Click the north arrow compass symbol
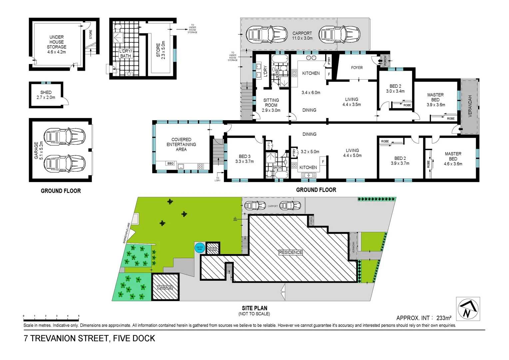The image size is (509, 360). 468,309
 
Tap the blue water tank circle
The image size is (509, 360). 200,248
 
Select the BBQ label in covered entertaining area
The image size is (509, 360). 171,163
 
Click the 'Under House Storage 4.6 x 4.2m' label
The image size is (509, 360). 57,44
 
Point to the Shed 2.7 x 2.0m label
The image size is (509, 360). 46,95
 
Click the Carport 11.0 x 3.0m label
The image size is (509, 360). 302,36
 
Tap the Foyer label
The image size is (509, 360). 357,68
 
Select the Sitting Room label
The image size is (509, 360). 271,105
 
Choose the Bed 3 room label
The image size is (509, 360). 245,159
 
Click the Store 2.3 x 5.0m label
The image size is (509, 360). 161,50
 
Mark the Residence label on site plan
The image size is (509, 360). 290,252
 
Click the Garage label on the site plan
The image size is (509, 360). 165,287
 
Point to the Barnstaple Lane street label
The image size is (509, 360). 127,233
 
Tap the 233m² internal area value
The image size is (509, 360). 444,318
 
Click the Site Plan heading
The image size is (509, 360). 254,308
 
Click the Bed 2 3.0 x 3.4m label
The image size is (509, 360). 395,89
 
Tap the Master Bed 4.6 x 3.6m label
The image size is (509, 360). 453,159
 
